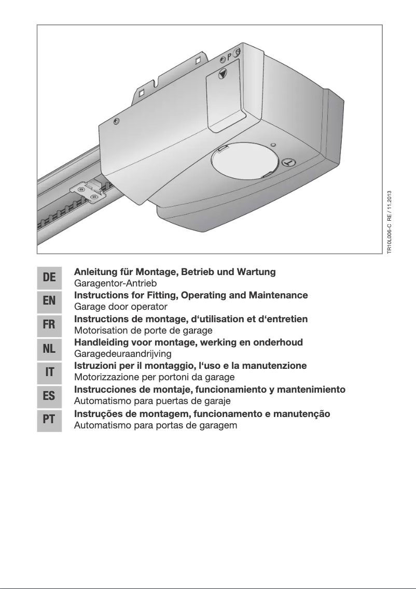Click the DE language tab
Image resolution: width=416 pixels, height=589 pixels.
point(49,277)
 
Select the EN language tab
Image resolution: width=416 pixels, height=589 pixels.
point(49,301)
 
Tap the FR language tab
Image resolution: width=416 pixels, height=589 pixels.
point(49,325)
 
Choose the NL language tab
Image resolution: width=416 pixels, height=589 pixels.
point(49,348)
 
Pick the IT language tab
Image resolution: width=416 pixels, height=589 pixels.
point(49,372)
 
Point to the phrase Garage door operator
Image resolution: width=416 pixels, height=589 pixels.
point(121,307)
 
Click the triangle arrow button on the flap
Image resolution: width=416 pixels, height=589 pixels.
point(223,74)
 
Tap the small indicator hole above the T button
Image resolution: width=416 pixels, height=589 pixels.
point(274,145)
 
